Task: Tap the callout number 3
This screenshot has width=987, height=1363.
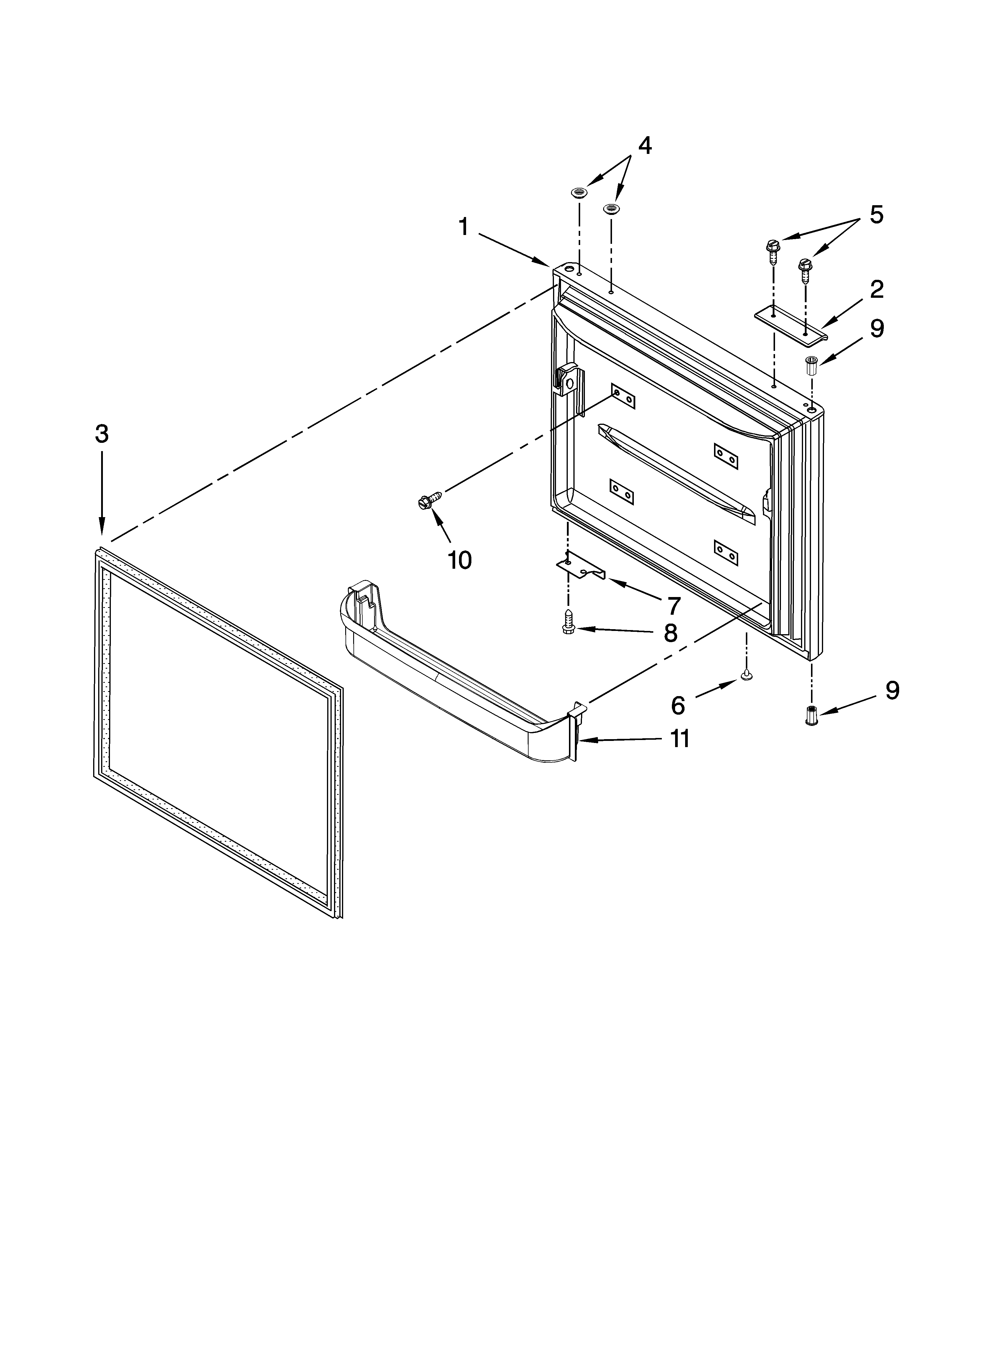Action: click(102, 433)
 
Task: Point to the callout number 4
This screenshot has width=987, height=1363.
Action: click(644, 146)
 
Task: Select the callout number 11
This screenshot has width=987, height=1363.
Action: click(680, 739)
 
